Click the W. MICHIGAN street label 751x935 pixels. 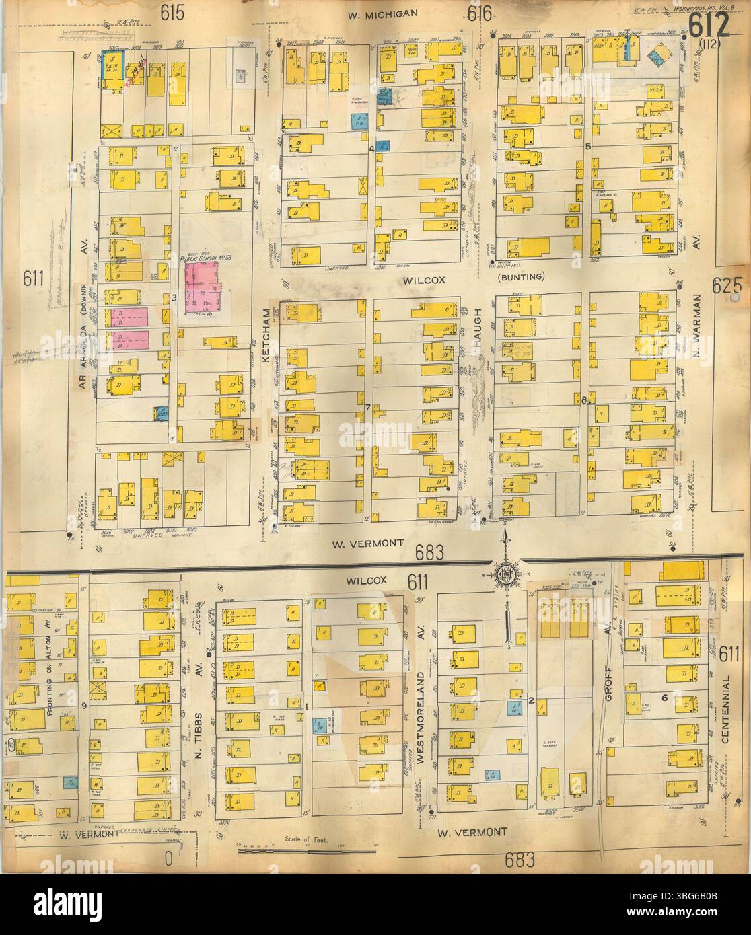pos(384,13)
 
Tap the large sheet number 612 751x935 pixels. pos(709,26)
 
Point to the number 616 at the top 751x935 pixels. pos(480,13)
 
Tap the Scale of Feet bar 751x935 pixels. pos(306,850)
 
